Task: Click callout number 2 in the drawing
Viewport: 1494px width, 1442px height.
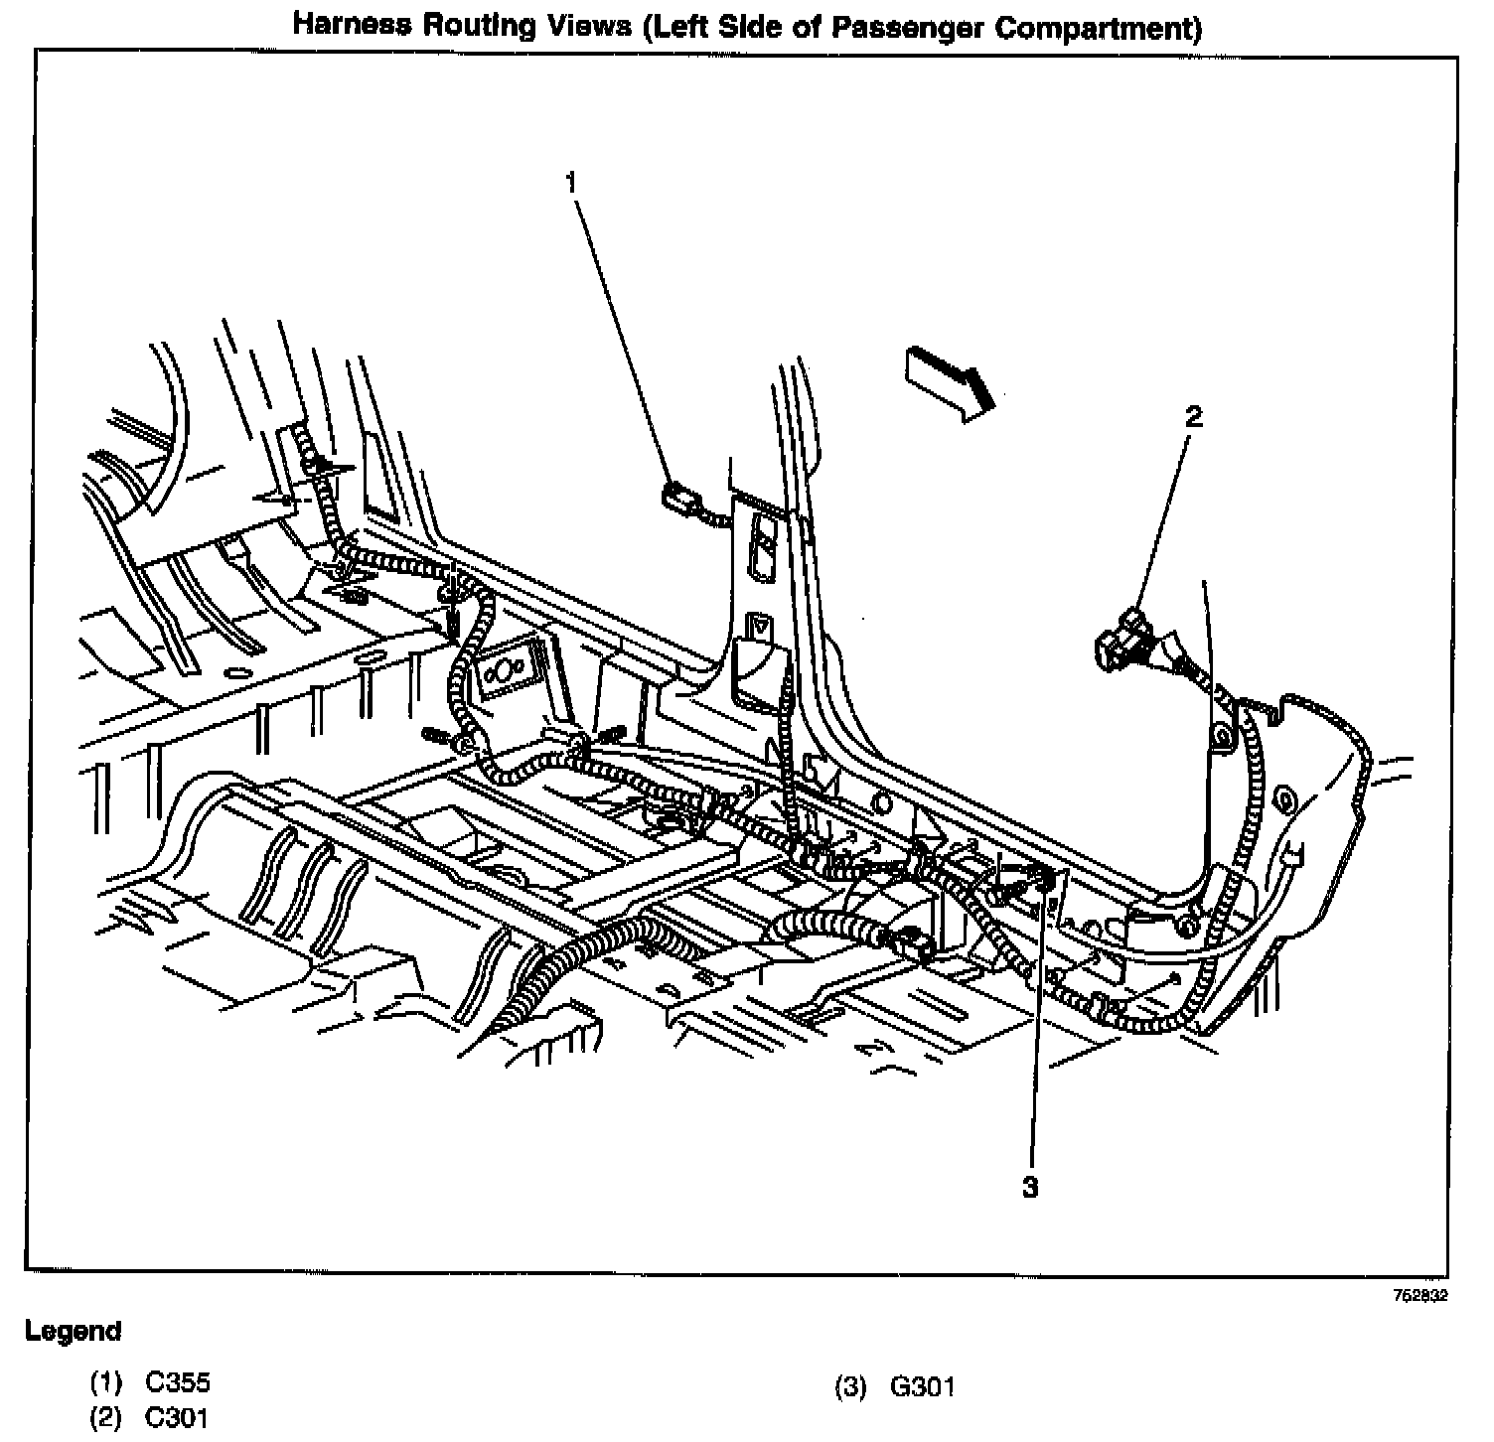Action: pos(1193,417)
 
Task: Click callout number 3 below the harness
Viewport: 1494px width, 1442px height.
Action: pos(1030,1187)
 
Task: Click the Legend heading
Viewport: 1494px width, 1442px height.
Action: pos(73,1331)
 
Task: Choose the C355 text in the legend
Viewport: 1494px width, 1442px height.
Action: pos(178,1381)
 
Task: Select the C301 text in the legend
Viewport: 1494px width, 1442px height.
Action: pos(178,1417)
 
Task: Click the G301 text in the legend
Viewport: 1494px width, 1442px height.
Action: pos(922,1386)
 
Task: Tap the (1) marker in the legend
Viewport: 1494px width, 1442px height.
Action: pos(105,1381)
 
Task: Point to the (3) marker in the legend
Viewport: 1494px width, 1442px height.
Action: pos(850,1386)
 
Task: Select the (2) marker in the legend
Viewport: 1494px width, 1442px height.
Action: pos(105,1417)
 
